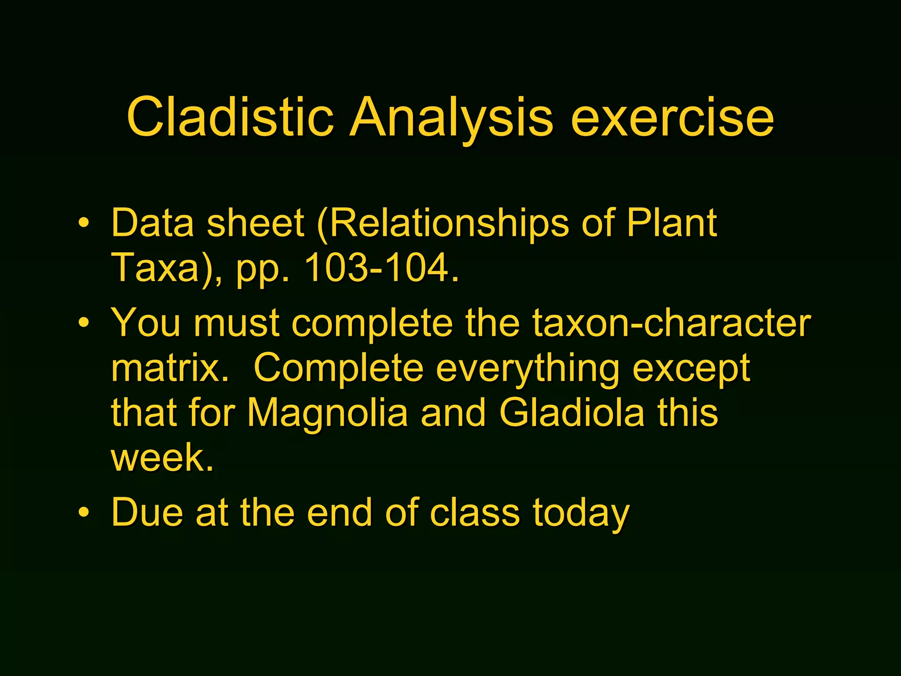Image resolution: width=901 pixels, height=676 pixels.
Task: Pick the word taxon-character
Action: click(671, 323)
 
